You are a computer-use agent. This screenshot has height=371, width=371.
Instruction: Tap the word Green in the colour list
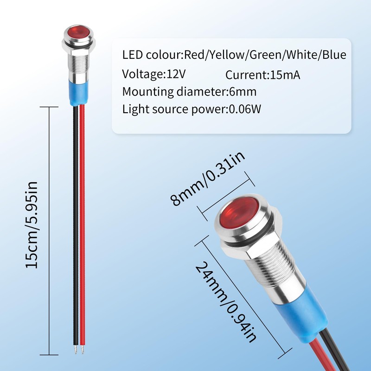265,55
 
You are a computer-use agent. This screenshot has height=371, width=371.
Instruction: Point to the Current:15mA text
263,75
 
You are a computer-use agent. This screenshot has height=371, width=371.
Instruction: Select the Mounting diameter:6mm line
189,91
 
